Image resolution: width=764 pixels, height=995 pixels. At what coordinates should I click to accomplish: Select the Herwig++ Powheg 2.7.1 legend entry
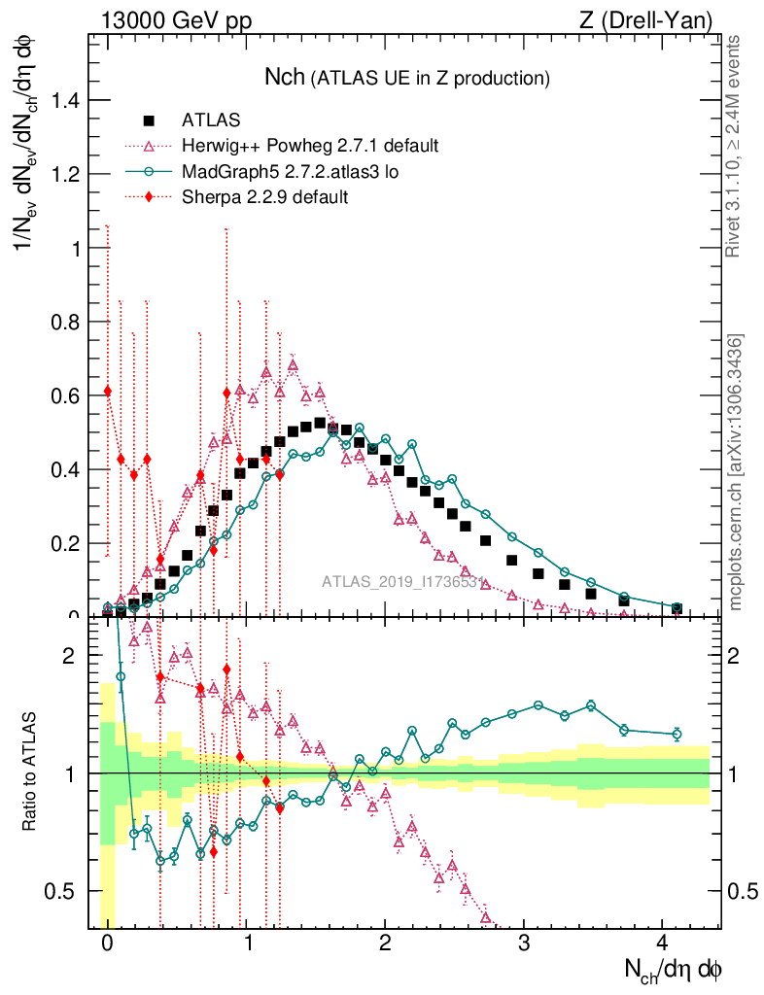pyautogui.click(x=310, y=147)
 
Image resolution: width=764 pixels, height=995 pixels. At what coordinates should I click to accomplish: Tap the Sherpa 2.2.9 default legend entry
pyautogui.click(x=265, y=197)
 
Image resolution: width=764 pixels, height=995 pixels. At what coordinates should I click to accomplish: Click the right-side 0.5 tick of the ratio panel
pyautogui.click(x=741, y=891)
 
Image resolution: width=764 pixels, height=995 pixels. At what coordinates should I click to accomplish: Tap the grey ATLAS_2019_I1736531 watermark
pyautogui.click(x=402, y=583)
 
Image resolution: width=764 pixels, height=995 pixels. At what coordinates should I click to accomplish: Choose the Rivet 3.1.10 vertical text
pyautogui.click(x=736, y=147)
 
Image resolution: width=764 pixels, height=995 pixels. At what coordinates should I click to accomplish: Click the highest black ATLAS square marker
pyautogui.click(x=320, y=424)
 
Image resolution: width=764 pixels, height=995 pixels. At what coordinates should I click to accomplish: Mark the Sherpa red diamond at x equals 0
pyautogui.click(x=107, y=391)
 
